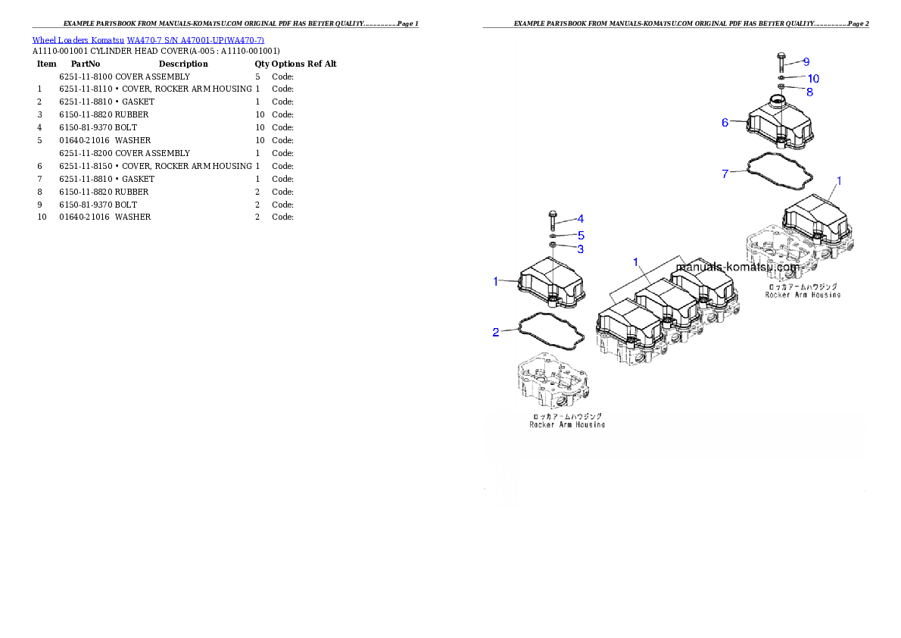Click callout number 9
(806, 61)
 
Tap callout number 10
(812, 79)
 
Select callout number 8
(809, 92)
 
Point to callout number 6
(725, 122)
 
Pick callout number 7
(725, 174)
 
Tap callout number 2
(495, 332)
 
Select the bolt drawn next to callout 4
(553, 220)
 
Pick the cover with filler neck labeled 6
(780, 123)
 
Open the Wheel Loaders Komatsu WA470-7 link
(148, 40)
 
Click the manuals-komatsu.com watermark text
(737, 267)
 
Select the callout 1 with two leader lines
(637, 261)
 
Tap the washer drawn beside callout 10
(781, 78)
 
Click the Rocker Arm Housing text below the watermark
(803, 295)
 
